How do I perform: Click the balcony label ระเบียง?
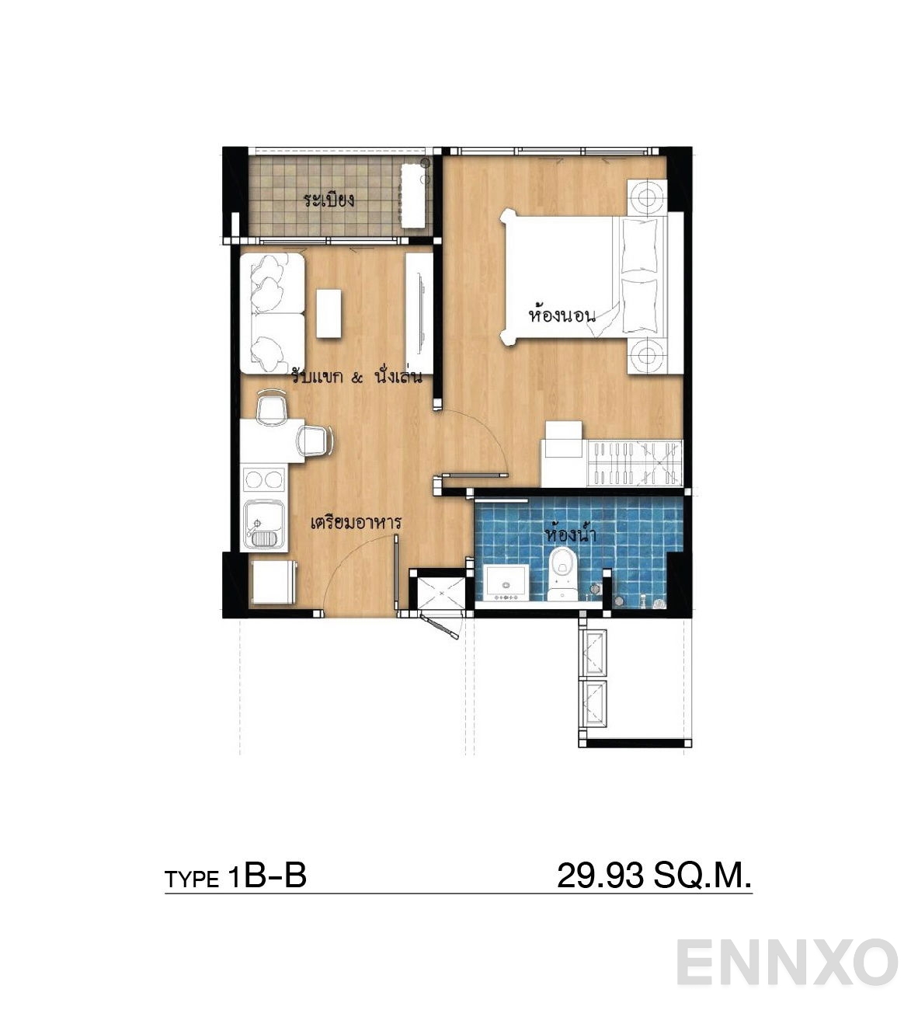coord(329,200)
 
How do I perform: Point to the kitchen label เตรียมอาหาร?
coord(356,522)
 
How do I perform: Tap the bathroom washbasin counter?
coord(506,583)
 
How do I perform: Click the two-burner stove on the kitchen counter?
coord(264,479)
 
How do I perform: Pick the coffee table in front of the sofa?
coord(329,313)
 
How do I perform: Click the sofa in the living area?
coord(273,313)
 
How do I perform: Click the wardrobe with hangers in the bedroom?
coord(635,462)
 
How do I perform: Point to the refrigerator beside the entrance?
coord(273,583)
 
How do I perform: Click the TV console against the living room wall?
coord(419,313)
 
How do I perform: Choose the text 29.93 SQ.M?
coord(654,875)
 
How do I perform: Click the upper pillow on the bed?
coord(640,246)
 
